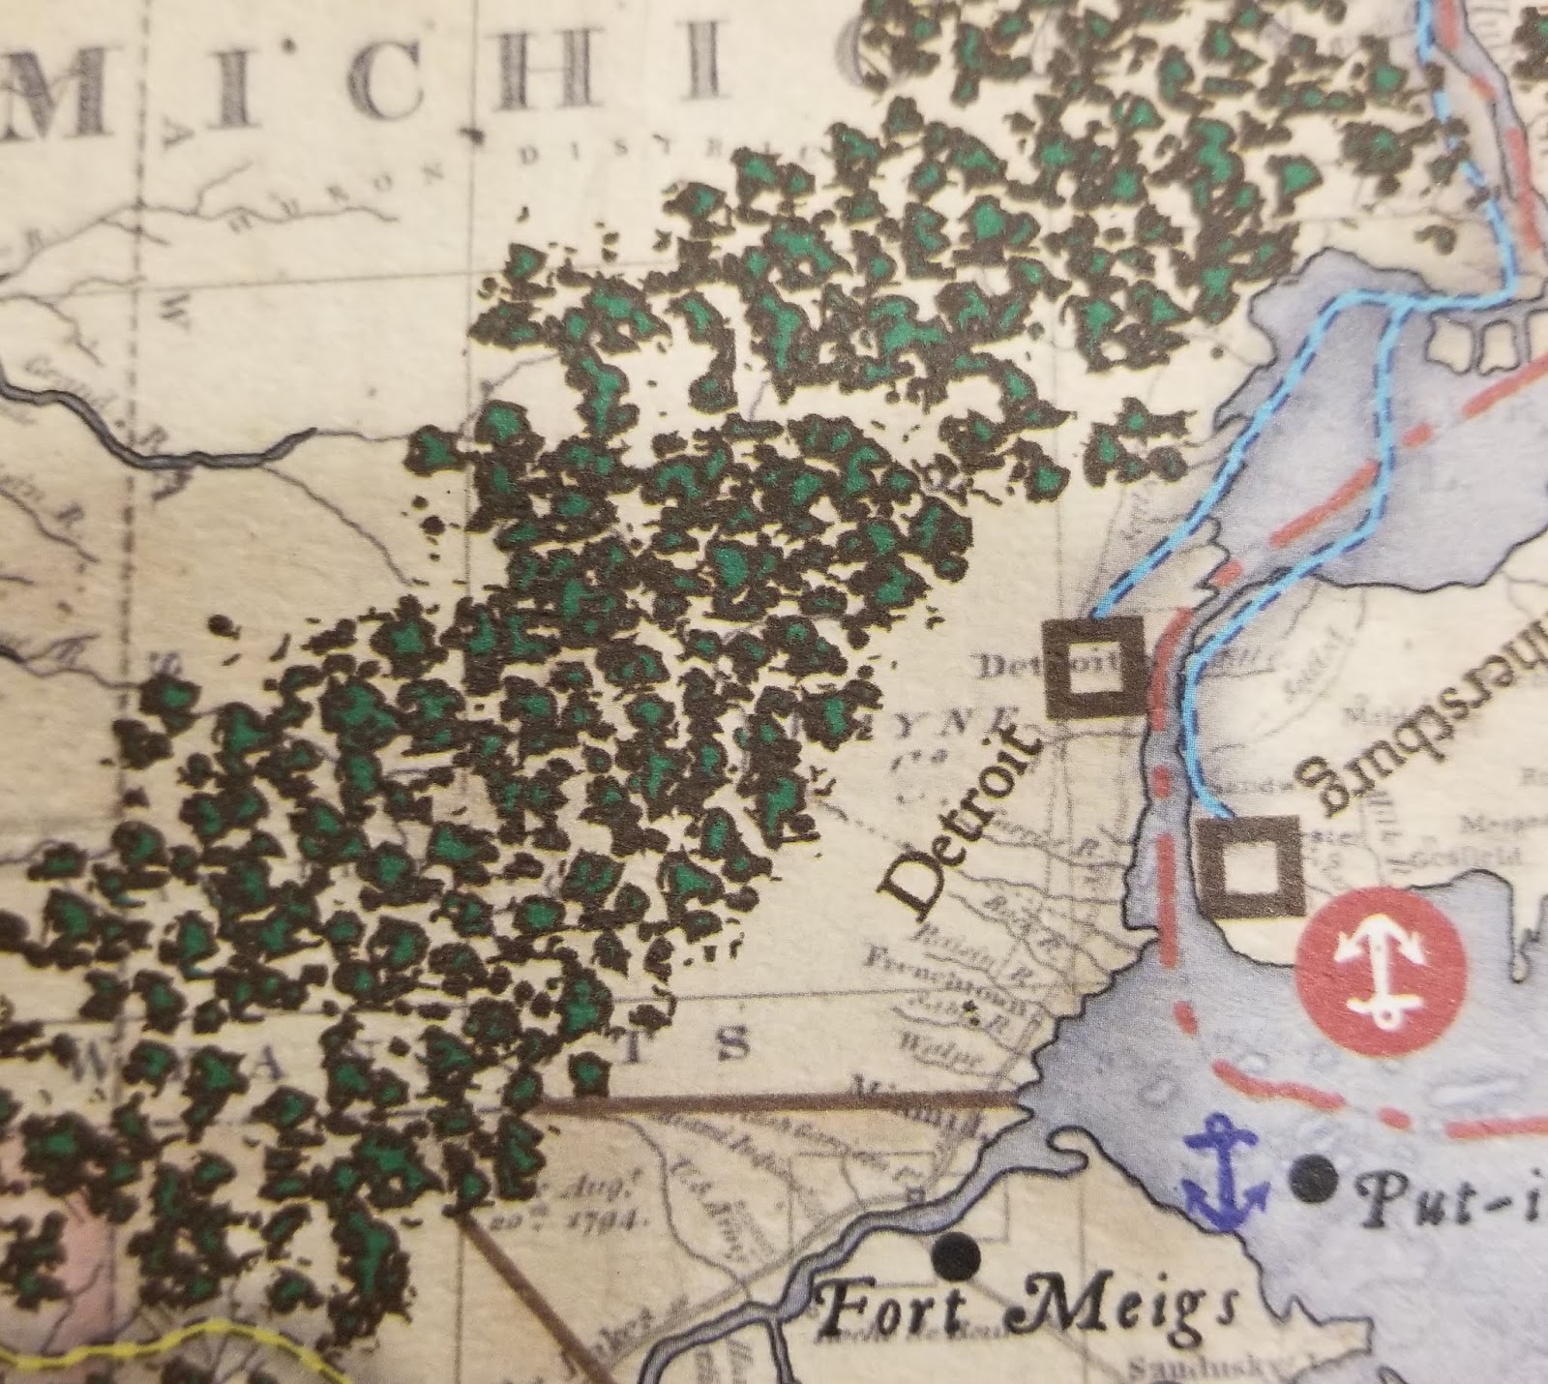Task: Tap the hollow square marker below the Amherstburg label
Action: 1249,866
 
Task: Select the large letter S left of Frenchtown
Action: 734,1043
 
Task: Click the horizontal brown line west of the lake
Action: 774,1099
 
